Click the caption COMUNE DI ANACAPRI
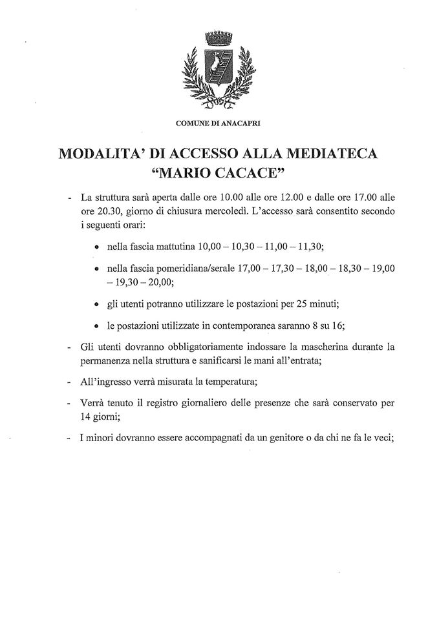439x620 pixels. click(x=218, y=122)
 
